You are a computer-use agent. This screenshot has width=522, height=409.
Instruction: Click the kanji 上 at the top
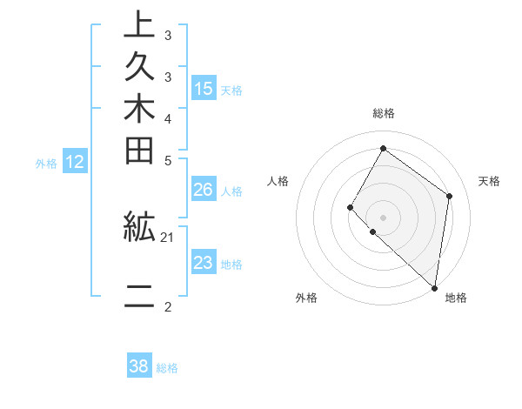139,25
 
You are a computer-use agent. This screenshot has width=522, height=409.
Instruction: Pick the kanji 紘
139,228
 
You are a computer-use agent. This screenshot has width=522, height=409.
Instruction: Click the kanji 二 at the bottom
139,297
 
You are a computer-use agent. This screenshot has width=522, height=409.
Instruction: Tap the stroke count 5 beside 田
168,160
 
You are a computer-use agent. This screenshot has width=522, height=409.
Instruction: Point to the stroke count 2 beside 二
168,305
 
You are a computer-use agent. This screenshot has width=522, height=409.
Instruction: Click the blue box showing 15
204,88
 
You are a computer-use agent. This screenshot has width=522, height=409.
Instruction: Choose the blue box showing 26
204,190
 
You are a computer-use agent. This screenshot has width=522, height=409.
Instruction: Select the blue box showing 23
204,263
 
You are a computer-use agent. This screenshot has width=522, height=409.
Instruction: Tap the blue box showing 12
75,161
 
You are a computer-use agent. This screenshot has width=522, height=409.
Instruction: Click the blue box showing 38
139,366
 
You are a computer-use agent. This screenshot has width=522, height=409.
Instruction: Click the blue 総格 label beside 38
167,368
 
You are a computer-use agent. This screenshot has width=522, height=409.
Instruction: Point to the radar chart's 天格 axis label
489,181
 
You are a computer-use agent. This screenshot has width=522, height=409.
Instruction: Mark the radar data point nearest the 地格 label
434,288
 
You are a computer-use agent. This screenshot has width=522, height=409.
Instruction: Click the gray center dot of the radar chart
383,217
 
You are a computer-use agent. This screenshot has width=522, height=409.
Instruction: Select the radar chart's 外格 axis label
306,298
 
